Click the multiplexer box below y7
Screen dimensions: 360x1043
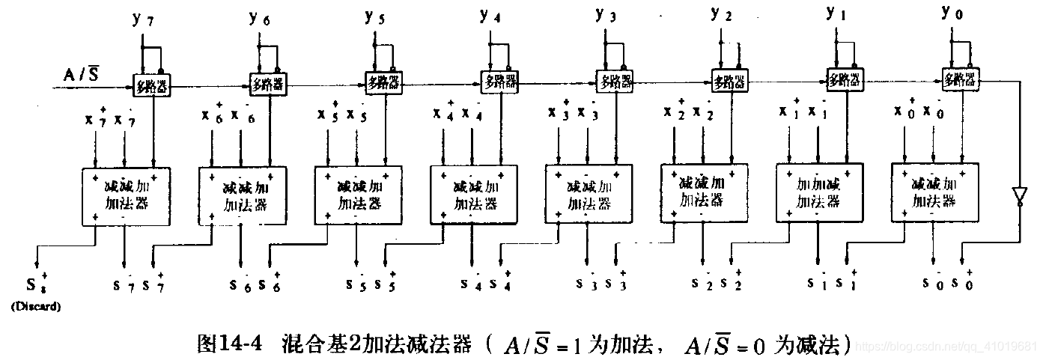[152, 86]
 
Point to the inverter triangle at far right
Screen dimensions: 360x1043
[1018, 197]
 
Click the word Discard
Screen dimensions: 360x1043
[34, 307]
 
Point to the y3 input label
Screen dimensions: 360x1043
[605, 14]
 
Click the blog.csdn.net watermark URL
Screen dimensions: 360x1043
[946, 347]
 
